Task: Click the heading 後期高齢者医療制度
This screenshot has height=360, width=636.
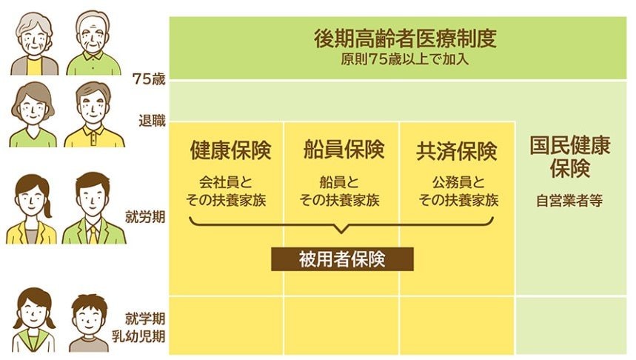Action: [405, 39]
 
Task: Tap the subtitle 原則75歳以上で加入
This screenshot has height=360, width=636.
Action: [405, 60]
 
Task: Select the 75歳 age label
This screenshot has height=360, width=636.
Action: [149, 79]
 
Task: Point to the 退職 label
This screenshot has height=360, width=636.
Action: [152, 121]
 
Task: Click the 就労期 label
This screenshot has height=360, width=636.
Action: [145, 217]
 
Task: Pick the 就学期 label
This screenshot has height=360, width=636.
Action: [145, 319]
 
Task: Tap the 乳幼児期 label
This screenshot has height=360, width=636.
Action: [138, 336]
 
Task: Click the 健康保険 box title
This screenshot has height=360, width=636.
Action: [230, 150]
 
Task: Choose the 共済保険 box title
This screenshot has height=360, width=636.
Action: [457, 150]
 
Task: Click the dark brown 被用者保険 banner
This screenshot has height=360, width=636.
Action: [342, 259]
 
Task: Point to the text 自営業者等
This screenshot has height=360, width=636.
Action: [569, 201]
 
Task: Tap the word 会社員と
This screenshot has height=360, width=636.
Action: [226, 182]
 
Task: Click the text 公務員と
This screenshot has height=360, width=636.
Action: [458, 182]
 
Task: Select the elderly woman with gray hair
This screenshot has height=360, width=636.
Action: [35, 44]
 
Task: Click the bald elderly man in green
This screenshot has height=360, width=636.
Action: [94, 43]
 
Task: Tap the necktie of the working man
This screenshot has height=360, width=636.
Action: [94, 234]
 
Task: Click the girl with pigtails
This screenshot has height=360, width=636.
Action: [33, 320]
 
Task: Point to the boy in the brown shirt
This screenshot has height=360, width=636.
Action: [89, 323]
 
